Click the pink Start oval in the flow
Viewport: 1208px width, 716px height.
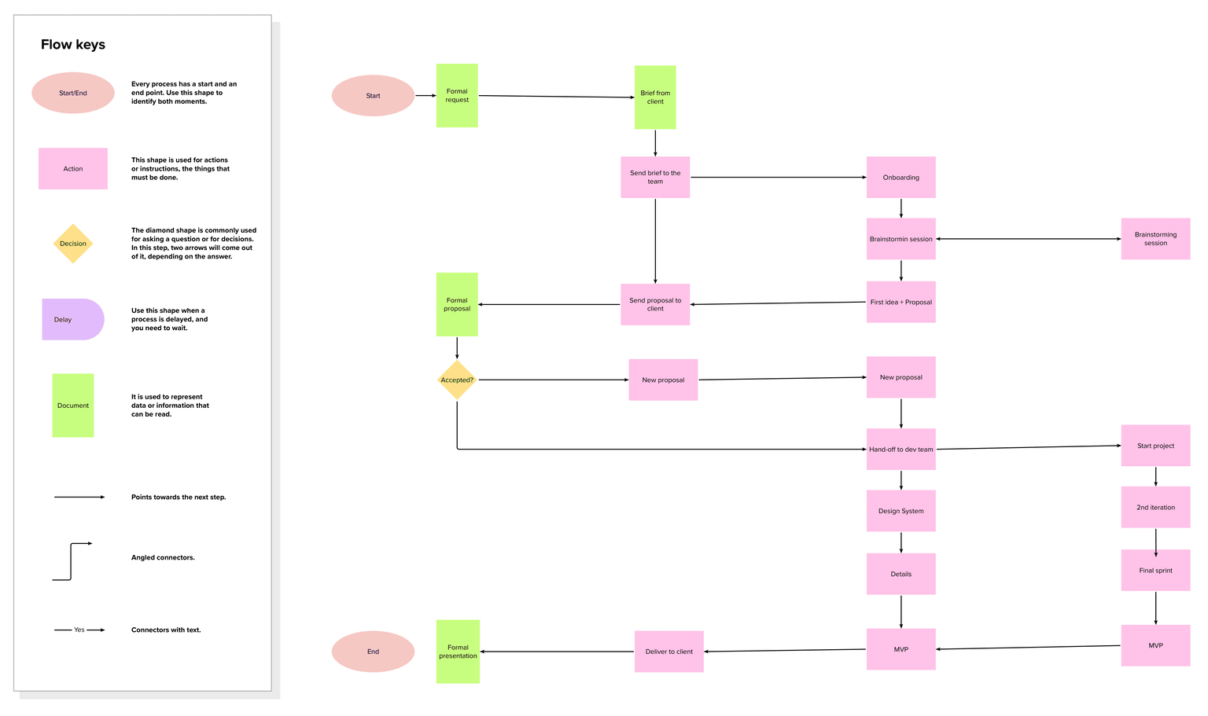[x=373, y=96]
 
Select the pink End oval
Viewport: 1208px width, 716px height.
[x=373, y=652]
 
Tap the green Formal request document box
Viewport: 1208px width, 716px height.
[x=457, y=96]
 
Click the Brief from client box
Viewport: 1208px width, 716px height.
[x=655, y=97]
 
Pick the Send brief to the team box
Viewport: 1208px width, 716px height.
[x=655, y=178]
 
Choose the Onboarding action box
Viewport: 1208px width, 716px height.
[x=900, y=178]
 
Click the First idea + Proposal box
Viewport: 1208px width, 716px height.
[x=900, y=302]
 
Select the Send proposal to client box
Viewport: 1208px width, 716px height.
[x=655, y=305]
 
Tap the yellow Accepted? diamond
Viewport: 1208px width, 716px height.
[x=457, y=380]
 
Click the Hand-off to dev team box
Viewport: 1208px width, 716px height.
[x=900, y=450]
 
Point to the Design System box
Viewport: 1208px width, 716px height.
[x=900, y=511]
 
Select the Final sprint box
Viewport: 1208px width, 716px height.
[x=1155, y=571]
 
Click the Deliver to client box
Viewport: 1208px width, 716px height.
[x=669, y=652]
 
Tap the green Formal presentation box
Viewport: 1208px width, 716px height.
[x=458, y=652]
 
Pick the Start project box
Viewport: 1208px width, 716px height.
[x=1155, y=446]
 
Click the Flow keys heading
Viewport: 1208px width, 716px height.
[x=73, y=45]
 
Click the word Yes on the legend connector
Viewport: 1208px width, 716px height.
[x=79, y=630]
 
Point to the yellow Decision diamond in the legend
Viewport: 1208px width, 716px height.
[x=73, y=244]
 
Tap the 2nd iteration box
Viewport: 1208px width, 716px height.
[x=1155, y=508]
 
